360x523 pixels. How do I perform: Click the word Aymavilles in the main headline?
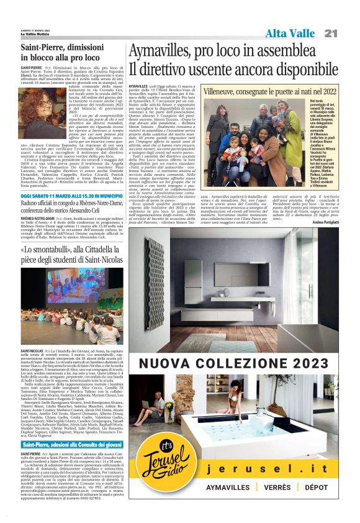click(166, 51)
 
